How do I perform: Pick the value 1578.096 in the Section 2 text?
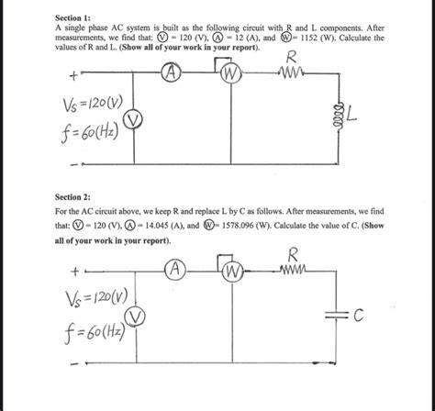[294, 223]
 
